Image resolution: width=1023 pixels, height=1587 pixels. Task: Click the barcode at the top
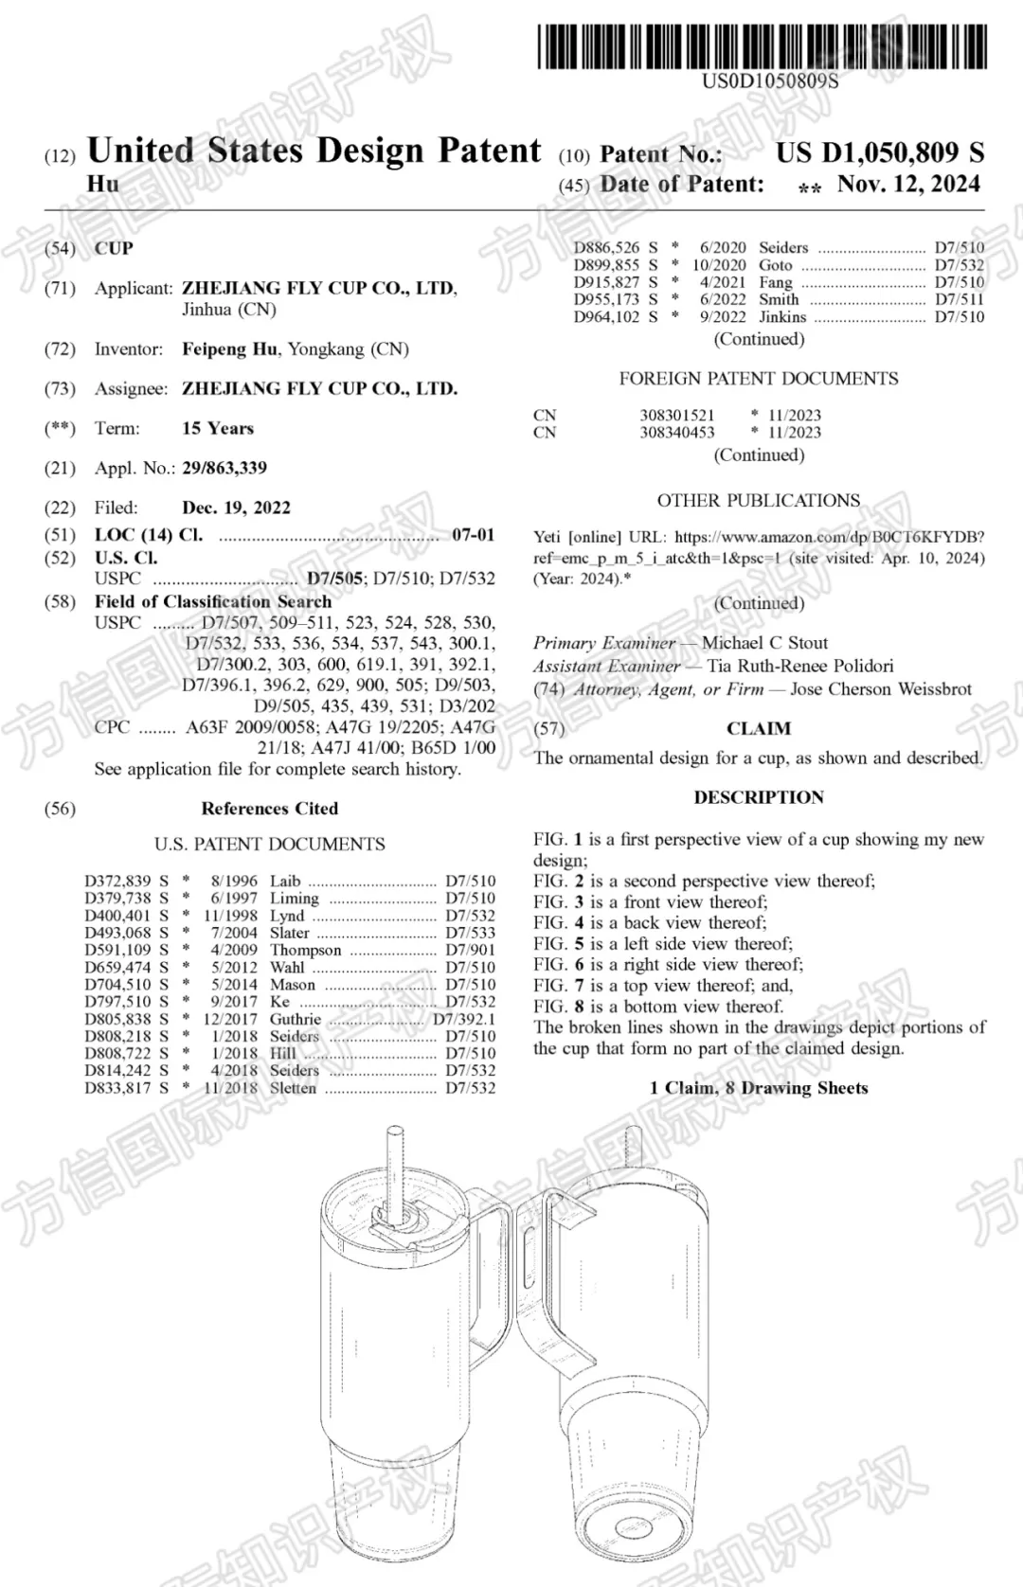(763, 46)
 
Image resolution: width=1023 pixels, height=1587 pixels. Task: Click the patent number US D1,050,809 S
(880, 152)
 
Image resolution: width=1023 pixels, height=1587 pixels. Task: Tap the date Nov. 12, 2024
(908, 184)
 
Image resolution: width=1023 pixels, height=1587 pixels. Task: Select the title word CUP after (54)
(114, 248)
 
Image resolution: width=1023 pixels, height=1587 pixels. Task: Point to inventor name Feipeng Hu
(230, 349)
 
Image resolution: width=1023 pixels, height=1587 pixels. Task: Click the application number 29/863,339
(224, 468)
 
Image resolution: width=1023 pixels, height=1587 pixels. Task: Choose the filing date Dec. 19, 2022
(236, 508)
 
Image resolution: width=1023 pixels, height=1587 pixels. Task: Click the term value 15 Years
(218, 428)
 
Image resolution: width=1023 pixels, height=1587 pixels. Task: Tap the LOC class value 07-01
(474, 535)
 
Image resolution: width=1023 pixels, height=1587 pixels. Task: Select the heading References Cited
(269, 809)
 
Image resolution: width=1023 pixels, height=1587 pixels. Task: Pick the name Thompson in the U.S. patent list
(305, 950)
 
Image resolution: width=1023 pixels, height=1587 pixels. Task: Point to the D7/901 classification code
(471, 950)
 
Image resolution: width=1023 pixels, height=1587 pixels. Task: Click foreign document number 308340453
(677, 433)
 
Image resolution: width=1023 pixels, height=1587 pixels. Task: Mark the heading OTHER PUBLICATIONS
(759, 500)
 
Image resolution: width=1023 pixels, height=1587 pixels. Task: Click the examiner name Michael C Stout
(764, 643)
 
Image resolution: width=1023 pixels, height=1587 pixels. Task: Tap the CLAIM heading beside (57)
(759, 728)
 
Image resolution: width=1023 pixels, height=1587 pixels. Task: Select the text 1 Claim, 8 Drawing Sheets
(759, 1088)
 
